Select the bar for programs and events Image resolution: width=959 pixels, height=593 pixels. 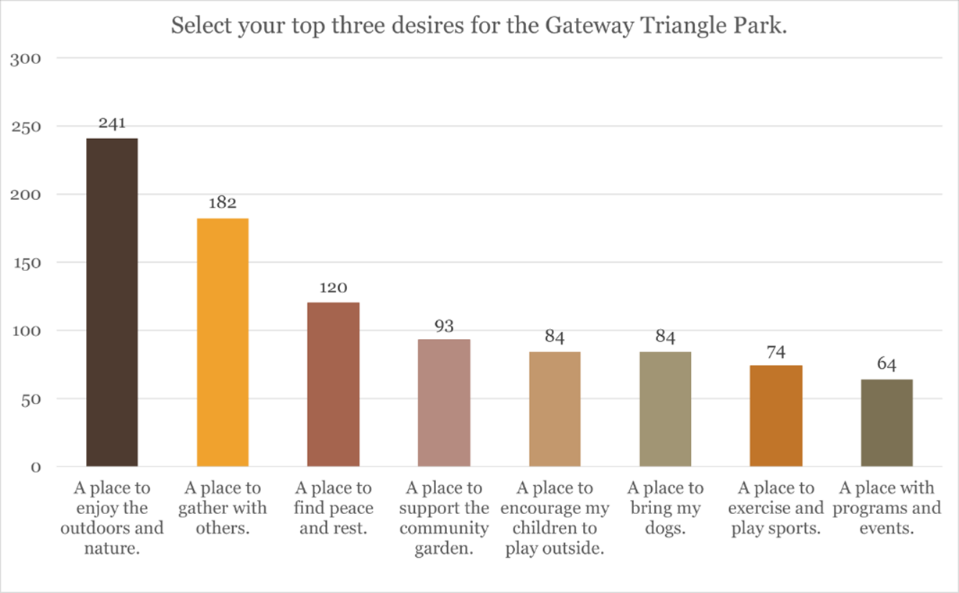[x=886, y=423]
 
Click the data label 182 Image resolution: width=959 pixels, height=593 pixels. [x=223, y=203]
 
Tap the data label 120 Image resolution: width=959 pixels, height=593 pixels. [x=333, y=288]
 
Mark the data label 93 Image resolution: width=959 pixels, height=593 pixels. [x=444, y=325]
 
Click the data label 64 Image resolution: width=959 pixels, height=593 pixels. [x=886, y=364]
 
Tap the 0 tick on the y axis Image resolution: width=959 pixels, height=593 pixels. [x=36, y=467]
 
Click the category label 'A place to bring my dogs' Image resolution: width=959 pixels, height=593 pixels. [x=665, y=508]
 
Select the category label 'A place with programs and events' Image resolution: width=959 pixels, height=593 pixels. [x=886, y=508]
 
